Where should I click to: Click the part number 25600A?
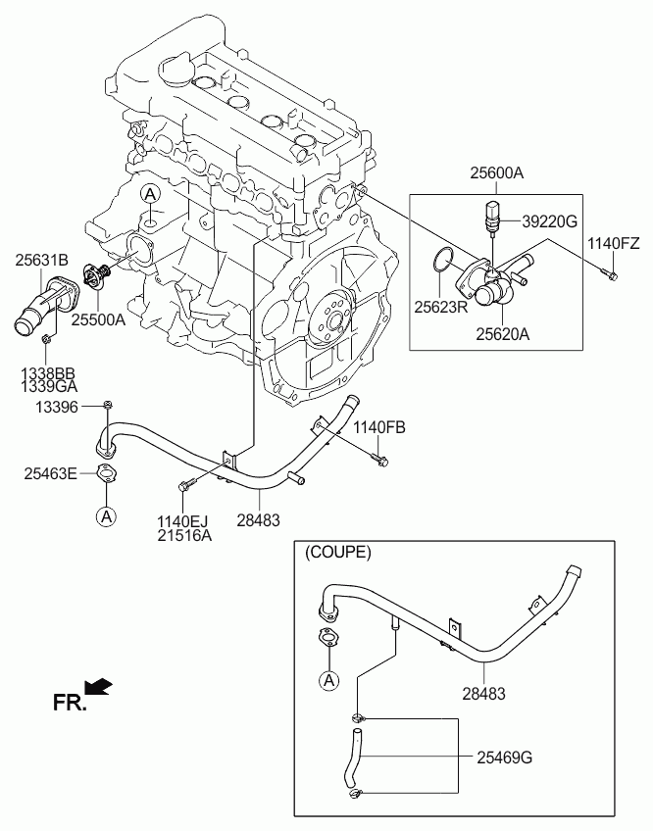point(496,172)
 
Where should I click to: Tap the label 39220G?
point(550,221)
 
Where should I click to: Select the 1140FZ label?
point(613,244)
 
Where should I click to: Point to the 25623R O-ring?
point(443,260)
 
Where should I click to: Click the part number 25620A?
point(502,334)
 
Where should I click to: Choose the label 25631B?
point(41,261)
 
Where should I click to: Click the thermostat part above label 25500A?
point(98,276)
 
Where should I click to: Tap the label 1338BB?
point(48,374)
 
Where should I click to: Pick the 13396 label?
point(56,407)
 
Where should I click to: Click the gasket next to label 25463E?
point(107,473)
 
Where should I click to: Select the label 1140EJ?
point(182,521)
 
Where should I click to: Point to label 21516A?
point(184,535)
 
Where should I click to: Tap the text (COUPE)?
point(337,553)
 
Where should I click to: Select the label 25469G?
point(504,758)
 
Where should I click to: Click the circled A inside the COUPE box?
point(329,680)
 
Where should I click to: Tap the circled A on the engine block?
point(150,195)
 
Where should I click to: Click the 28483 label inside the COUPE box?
point(483,693)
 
